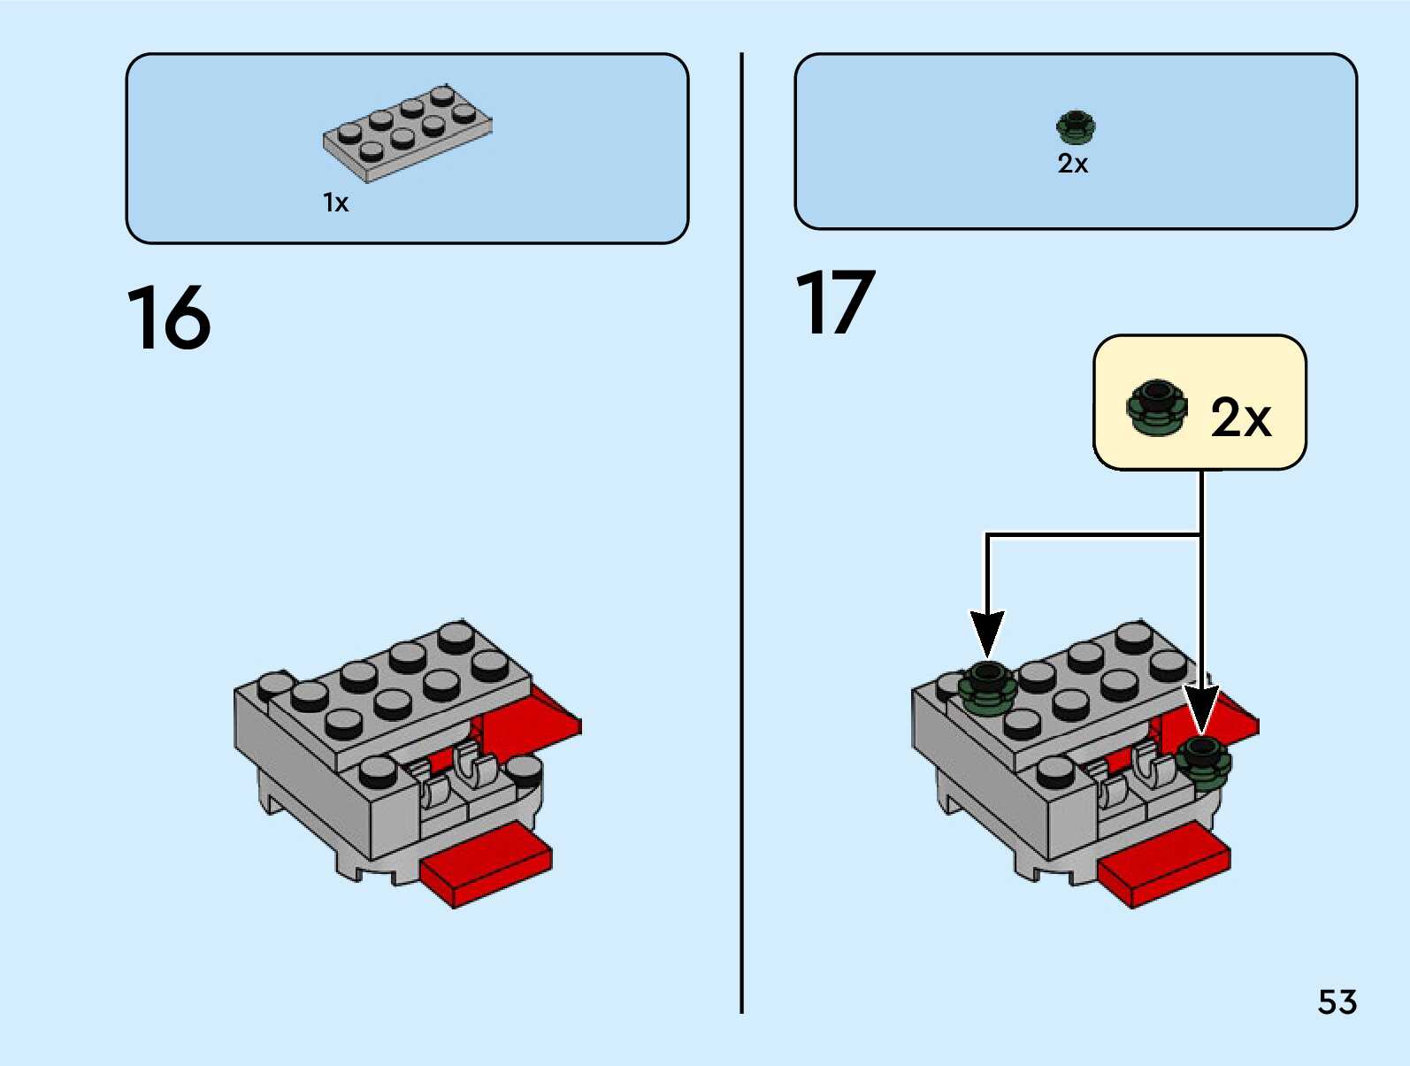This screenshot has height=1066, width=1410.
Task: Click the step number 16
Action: pos(169,318)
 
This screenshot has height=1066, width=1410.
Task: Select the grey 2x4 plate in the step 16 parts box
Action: pos(408,134)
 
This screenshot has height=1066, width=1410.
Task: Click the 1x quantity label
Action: pos(335,203)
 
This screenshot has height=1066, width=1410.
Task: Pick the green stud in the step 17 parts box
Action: pos(1076,127)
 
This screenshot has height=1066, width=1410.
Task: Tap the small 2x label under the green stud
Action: pos(1073,164)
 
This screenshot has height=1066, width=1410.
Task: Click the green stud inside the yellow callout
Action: pos(1156,407)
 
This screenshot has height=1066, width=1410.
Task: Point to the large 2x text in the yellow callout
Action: pos(1240,418)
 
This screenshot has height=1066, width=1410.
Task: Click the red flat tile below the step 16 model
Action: pos(487,864)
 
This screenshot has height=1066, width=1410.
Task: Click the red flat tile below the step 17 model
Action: pos(1164,864)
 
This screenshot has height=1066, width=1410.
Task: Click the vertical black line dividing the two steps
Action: pos(742,533)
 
